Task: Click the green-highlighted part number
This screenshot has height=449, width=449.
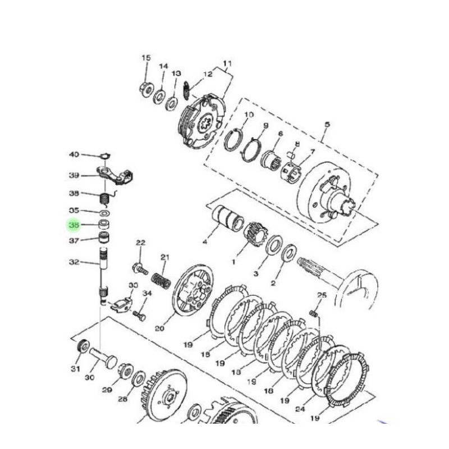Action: (x=74, y=225)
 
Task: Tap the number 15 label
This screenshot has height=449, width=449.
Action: (x=146, y=58)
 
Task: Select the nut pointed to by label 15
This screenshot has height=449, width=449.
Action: (x=145, y=88)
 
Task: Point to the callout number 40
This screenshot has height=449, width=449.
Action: (x=74, y=154)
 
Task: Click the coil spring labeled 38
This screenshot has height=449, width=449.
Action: (x=104, y=198)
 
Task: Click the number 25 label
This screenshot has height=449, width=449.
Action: (x=322, y=295)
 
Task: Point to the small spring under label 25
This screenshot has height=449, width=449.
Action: (x=314, y=312)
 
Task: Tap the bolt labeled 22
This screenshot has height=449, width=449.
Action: (x=138, y=265)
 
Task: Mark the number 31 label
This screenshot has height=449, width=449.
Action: (x=75, y=368)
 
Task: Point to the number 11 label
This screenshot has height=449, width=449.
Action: (x=227, y=62)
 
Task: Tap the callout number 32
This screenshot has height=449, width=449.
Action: (x=74, y=262)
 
